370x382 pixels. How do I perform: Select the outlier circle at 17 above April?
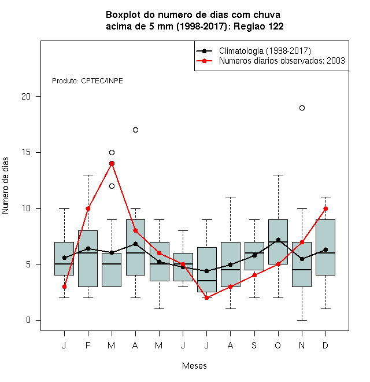(x=136, y=130)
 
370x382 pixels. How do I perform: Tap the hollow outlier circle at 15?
(x=112, y=152)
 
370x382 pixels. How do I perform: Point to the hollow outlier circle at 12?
(x=112, y=186)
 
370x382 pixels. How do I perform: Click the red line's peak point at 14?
(x=112, y=163)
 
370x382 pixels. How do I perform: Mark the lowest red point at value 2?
(x=206, y=297)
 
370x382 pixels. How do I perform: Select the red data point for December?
(x=325, y=208)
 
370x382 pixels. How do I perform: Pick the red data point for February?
(x=88, y=208)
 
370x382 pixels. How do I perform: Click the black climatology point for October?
(x=278, y=240)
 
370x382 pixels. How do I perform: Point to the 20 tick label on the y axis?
(x=26, y=97)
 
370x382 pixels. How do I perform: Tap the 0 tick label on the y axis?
(x=28, y=320)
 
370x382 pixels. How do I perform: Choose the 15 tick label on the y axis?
(x=26, y=152)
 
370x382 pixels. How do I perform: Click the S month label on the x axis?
(x=254, y=345)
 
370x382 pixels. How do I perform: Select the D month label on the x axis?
(x=325, y=345)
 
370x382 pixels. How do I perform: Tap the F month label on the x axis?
(x=88, y=345)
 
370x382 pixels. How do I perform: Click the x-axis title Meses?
(x=194, y=366)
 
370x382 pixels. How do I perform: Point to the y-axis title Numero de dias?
(x=5, y=186)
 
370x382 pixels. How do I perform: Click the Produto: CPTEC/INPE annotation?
(x=87, y=81)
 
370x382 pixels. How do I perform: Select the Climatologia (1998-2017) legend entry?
(x=253, y=51)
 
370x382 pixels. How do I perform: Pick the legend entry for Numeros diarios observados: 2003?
(x=271, y=61)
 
